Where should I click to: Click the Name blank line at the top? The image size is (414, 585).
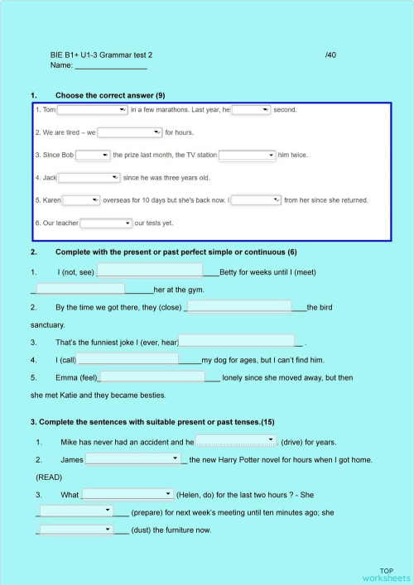[x=111, y=65]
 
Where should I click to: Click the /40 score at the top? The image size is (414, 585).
[x=330, y=55]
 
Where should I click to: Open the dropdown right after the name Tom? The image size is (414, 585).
[x=92, y=109]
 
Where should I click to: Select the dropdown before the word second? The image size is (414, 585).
[x=251, y=109]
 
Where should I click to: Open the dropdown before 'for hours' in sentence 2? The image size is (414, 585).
[x=130, y=132]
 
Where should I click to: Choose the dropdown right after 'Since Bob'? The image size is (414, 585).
[x=94, y=155]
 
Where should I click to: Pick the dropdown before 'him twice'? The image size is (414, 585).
[x=247, y=155]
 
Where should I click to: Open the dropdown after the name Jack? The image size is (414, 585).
[x=89, y=177]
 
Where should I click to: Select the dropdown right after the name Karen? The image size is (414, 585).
[x=81, y=199]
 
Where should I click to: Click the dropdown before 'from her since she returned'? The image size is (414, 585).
[x=256, y=199]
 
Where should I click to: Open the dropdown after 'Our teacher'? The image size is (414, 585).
[x=106, y=223]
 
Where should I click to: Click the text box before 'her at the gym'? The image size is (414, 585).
[x=80, y=289]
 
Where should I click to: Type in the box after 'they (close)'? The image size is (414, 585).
[x=239, y=306]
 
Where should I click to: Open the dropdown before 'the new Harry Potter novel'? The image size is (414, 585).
[x=133, y=458]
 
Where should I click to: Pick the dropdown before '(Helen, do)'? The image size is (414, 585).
[x=127, y=494]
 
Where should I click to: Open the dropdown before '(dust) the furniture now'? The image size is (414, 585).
[x=75, y=530]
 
